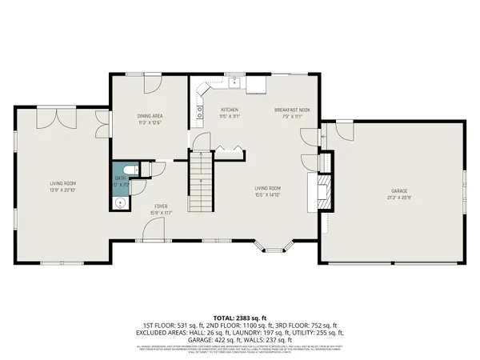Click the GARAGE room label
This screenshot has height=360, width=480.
click(400, 190)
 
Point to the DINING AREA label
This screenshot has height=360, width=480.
click(150, 117)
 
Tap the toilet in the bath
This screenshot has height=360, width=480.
click(135, 171)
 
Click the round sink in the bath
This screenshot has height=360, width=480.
click(120, 203)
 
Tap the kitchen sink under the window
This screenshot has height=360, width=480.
click(234, 81)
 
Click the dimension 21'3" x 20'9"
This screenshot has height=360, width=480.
click(400, 197)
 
